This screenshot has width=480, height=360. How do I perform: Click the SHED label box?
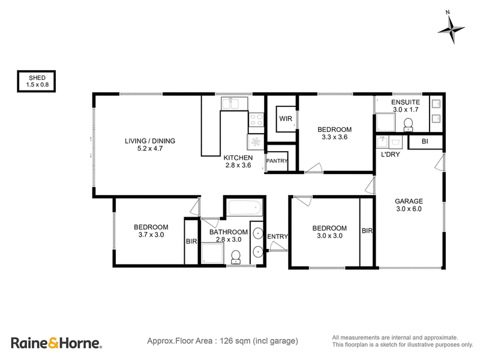[x=37, y=82]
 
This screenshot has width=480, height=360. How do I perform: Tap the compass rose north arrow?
[x=451, y=28]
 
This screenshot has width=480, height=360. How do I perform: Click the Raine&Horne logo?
[x=56, y=343]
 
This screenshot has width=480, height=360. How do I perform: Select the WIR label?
[x=286, y=119]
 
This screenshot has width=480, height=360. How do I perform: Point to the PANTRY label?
[x=277, y=161]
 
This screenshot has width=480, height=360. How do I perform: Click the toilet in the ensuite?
[x=408, y=125]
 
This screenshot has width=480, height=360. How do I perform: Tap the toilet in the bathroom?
[x=236, y=257]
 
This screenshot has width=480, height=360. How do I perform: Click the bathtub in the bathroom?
[x=245, y=208]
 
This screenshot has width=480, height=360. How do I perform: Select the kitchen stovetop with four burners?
[x=256, y=119]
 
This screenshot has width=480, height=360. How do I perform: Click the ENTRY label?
[x=277, y=236]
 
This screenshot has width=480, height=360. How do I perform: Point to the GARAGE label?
[x=409, y=202]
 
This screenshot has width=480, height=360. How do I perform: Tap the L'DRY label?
[x=391, y=155]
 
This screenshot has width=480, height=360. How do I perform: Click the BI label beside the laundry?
[x=425, y=142]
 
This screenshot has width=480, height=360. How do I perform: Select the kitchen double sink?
[x=230, y=104]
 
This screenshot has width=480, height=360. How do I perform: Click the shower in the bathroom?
[x=212, y=253]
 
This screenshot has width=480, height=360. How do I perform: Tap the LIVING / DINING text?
[x=150, y=141]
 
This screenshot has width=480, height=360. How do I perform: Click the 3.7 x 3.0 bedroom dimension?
[x=151, y=235]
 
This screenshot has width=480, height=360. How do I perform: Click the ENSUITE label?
[x=406, y=102]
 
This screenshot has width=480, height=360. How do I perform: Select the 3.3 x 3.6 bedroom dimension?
[x=335, y=137]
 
